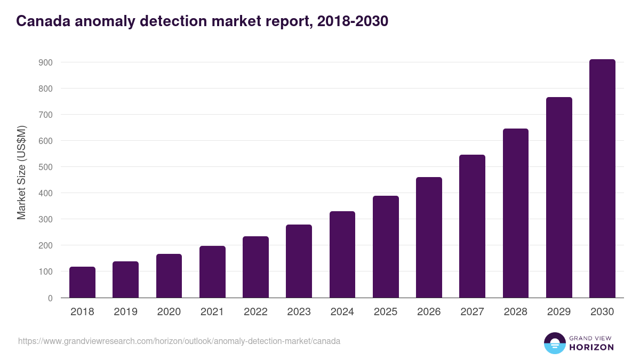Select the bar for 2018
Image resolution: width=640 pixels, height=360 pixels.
82,282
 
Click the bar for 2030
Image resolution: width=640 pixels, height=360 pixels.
602,179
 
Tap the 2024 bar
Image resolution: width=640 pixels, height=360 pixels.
342,254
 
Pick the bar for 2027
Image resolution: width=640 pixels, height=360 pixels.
472,226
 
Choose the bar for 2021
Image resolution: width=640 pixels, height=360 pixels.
212,271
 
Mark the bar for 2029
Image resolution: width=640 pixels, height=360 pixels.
559,197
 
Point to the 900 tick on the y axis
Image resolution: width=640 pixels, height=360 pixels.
46,62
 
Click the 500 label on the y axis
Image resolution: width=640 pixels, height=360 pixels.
46,167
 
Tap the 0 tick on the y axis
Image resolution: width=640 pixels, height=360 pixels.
50,298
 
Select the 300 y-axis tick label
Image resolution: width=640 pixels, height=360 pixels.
46,219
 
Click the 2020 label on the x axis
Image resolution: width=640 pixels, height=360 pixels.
169,312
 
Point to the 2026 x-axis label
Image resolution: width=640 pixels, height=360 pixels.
429,312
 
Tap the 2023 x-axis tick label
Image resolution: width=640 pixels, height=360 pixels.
299,312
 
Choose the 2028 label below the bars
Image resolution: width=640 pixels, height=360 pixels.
515,312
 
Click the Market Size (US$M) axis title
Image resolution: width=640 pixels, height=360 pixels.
21,172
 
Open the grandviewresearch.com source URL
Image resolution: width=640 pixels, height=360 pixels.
179,341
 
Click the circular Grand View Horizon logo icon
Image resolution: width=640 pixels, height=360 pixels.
554,343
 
